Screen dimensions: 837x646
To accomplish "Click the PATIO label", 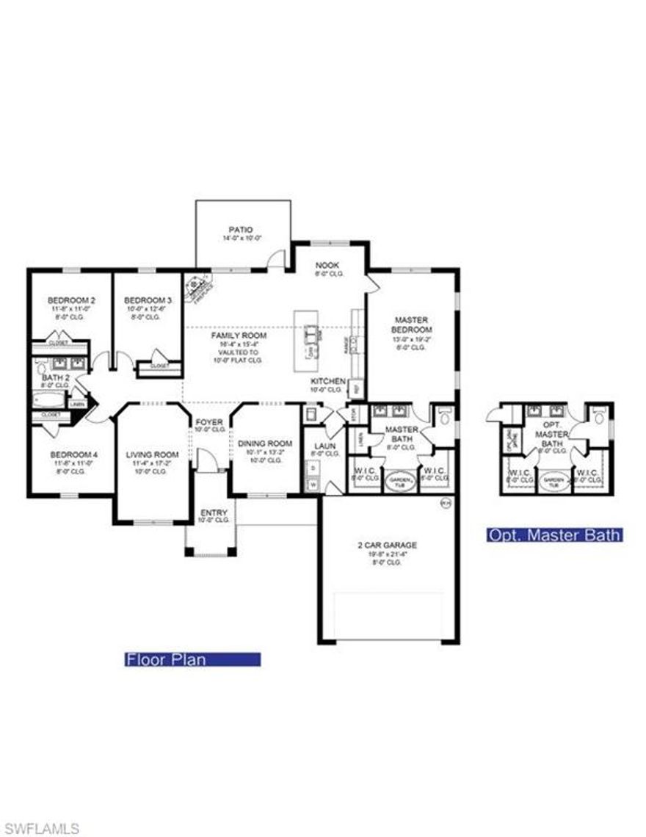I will tap(241, 230).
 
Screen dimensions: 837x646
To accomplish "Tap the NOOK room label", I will tap(327, 265).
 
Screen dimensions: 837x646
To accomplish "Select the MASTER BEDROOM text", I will tap(412, 325).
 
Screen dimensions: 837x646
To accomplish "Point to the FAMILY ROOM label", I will tap(239, 336).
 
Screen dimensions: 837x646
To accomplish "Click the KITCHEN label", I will tap(327, 382).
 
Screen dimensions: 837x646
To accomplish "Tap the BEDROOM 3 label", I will tap(148, 300).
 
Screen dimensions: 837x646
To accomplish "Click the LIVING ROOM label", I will tap(153, 454).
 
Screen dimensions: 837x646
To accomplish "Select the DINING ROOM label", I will tap(265, 443).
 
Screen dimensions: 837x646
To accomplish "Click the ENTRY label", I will tap(214, 512).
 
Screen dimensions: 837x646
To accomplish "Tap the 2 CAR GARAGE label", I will tap(387, 545).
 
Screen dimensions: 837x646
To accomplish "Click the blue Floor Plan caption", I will tap(192, 659).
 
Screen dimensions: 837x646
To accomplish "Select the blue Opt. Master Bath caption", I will tap(555, 535).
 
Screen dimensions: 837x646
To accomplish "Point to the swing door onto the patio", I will tap(275, 259).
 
